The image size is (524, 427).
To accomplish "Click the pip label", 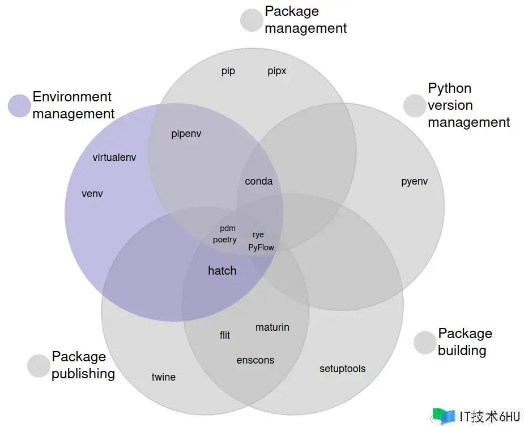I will (x=228, y=71).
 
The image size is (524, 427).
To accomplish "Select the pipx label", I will (x=277, y=71).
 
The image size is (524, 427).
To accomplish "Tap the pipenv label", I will (x=186, y=134).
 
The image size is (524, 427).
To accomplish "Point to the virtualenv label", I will (x=114, y=157).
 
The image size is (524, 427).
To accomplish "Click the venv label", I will (x=92, y=194).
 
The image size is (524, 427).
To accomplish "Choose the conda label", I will (x=259, y=181).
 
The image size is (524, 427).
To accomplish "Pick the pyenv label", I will (x=415, y=182).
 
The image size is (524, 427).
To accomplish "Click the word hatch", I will (x=222, y=271).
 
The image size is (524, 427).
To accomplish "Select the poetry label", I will (x=225, y=240).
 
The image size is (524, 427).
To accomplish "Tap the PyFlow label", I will (x=261, y=247).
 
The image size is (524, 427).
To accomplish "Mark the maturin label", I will (x=272, y=327).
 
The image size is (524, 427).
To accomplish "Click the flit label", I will (x=225, y=335).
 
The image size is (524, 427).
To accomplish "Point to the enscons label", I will (x=255, y=360).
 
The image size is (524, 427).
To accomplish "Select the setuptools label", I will (x=343, y=369).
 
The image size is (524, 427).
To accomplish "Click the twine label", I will (x=164, y=377).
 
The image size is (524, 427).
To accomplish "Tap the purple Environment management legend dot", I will (x=19, y=106).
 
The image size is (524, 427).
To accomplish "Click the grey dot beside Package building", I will (x=425, y=343).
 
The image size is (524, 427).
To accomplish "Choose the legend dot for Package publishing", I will (x=39, y=366).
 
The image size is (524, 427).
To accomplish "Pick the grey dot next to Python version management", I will (x=415, y=106).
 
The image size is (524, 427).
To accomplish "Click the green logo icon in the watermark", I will (x=444, y=416).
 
